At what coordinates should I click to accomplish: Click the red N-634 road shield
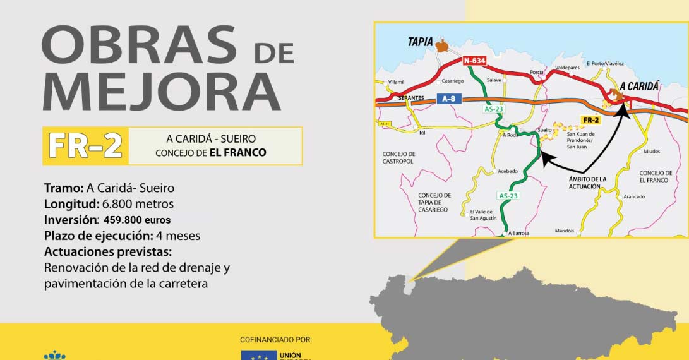[x=474, y=61]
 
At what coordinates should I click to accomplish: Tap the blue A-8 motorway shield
[x=448, y=99]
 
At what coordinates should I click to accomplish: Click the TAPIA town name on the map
[x=420, y=42]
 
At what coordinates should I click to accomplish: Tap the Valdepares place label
[x=567, y=66]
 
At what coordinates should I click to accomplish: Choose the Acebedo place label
[x=507, y=171]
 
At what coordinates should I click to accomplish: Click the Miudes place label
[x=652, y=152]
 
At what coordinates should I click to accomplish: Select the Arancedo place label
[x=634, y=196]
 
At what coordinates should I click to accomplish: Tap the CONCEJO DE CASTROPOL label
[x=398, y=158]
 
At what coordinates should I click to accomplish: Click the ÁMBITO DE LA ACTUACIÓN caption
[x=587, y=183]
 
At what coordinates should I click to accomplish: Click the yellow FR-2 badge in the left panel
[x=85, y=146]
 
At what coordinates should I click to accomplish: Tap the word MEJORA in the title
[x=161, y=92]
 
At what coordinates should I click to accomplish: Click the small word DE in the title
[x=274, y=52]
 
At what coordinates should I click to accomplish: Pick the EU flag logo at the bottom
[x=256, y=355]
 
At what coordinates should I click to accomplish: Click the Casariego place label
[x=453, y=81]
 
